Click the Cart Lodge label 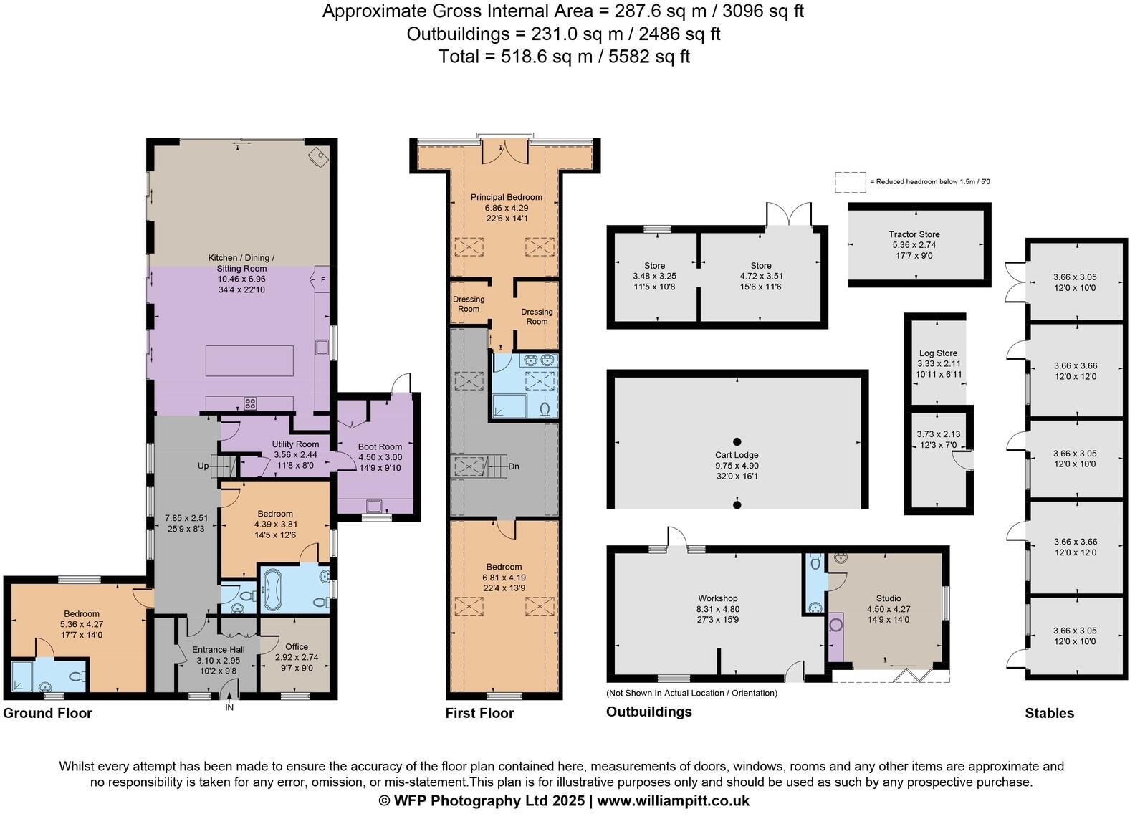(x=737, y=455)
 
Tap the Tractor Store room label (x=914, y=234)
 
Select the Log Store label (x=938, y=353)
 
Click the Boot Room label (x=380, y=446)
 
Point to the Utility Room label (x=295, y=444)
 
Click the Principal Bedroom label (x=506, y=197)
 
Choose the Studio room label (x=889, y=598)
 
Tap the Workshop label (x=717, y=598)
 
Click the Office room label (x=296, y=647)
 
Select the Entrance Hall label (x=219, y=650)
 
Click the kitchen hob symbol (x=250, y=403)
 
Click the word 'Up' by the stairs (x=203, y=466)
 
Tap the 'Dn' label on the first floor (x=513, y=466)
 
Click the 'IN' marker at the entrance (x=229, y=708)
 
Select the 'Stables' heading (x=1049, y=713)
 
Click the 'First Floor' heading (x=479, y=713)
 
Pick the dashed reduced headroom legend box (x=850, y=182)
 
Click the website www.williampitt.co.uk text (x=673, y=800)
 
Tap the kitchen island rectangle (x=249, y=360)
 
